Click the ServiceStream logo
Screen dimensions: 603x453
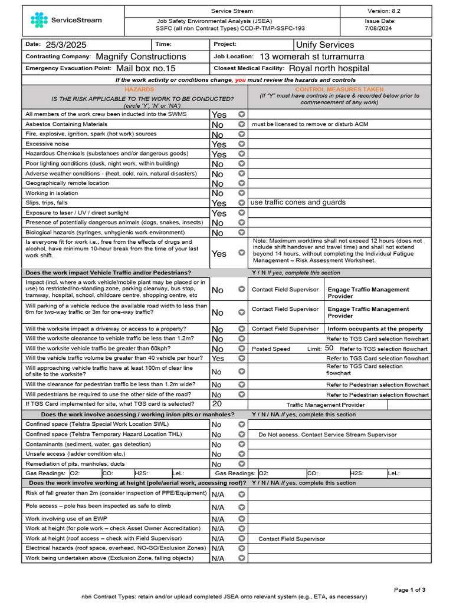point(66,20)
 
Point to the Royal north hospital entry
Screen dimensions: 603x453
point(329,68)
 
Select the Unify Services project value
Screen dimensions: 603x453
point(325,45)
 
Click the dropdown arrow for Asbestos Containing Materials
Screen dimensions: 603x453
point(241,125)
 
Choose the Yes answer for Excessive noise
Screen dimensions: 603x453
point(219,144)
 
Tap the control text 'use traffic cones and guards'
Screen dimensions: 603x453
point(298,203)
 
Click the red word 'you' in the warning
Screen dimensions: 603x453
point(241,79)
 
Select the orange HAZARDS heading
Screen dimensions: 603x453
point(139,89)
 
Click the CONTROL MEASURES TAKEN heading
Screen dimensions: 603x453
point(339,89)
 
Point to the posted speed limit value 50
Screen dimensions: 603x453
point(329,349)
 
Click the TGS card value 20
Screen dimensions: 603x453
point(217,405)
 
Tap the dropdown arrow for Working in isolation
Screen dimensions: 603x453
point(241,193)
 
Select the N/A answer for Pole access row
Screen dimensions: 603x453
point(218,507)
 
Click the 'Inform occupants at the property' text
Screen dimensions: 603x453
point(375,329)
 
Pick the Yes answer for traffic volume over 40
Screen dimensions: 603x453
point(218,359)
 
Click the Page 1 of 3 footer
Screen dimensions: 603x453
point(409,589)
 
